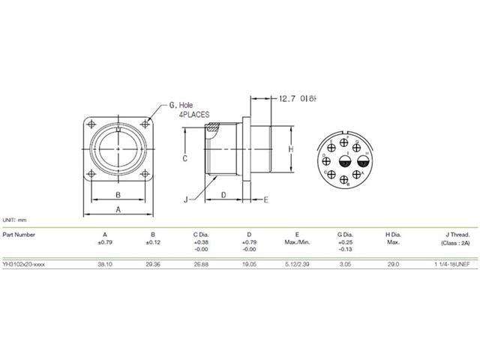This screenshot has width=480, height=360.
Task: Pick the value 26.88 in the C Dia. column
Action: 200,265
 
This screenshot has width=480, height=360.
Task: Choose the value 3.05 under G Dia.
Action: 346,265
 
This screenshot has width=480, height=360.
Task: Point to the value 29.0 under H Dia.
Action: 392,265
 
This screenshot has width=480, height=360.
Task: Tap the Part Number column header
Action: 19,234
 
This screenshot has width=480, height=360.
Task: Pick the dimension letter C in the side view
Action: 184,158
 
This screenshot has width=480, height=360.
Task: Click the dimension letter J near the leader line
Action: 184,199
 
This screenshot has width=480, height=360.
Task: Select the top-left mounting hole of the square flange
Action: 91,124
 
